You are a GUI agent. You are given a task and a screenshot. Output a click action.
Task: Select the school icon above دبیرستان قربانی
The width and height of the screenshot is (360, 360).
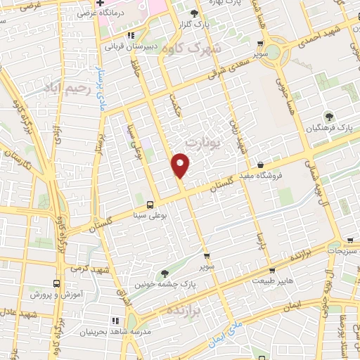click(130, 34)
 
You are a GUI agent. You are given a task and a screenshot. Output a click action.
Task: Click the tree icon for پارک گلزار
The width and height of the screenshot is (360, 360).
click(195, 13)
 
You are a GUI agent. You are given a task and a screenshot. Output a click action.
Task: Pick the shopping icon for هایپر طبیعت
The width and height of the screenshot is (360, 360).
click(271, 270)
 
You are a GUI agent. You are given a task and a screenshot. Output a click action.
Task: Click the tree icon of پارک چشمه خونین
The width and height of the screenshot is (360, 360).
click(165, 274)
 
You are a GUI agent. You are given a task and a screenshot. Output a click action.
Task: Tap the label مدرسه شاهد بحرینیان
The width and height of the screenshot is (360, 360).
click(109, 331)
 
